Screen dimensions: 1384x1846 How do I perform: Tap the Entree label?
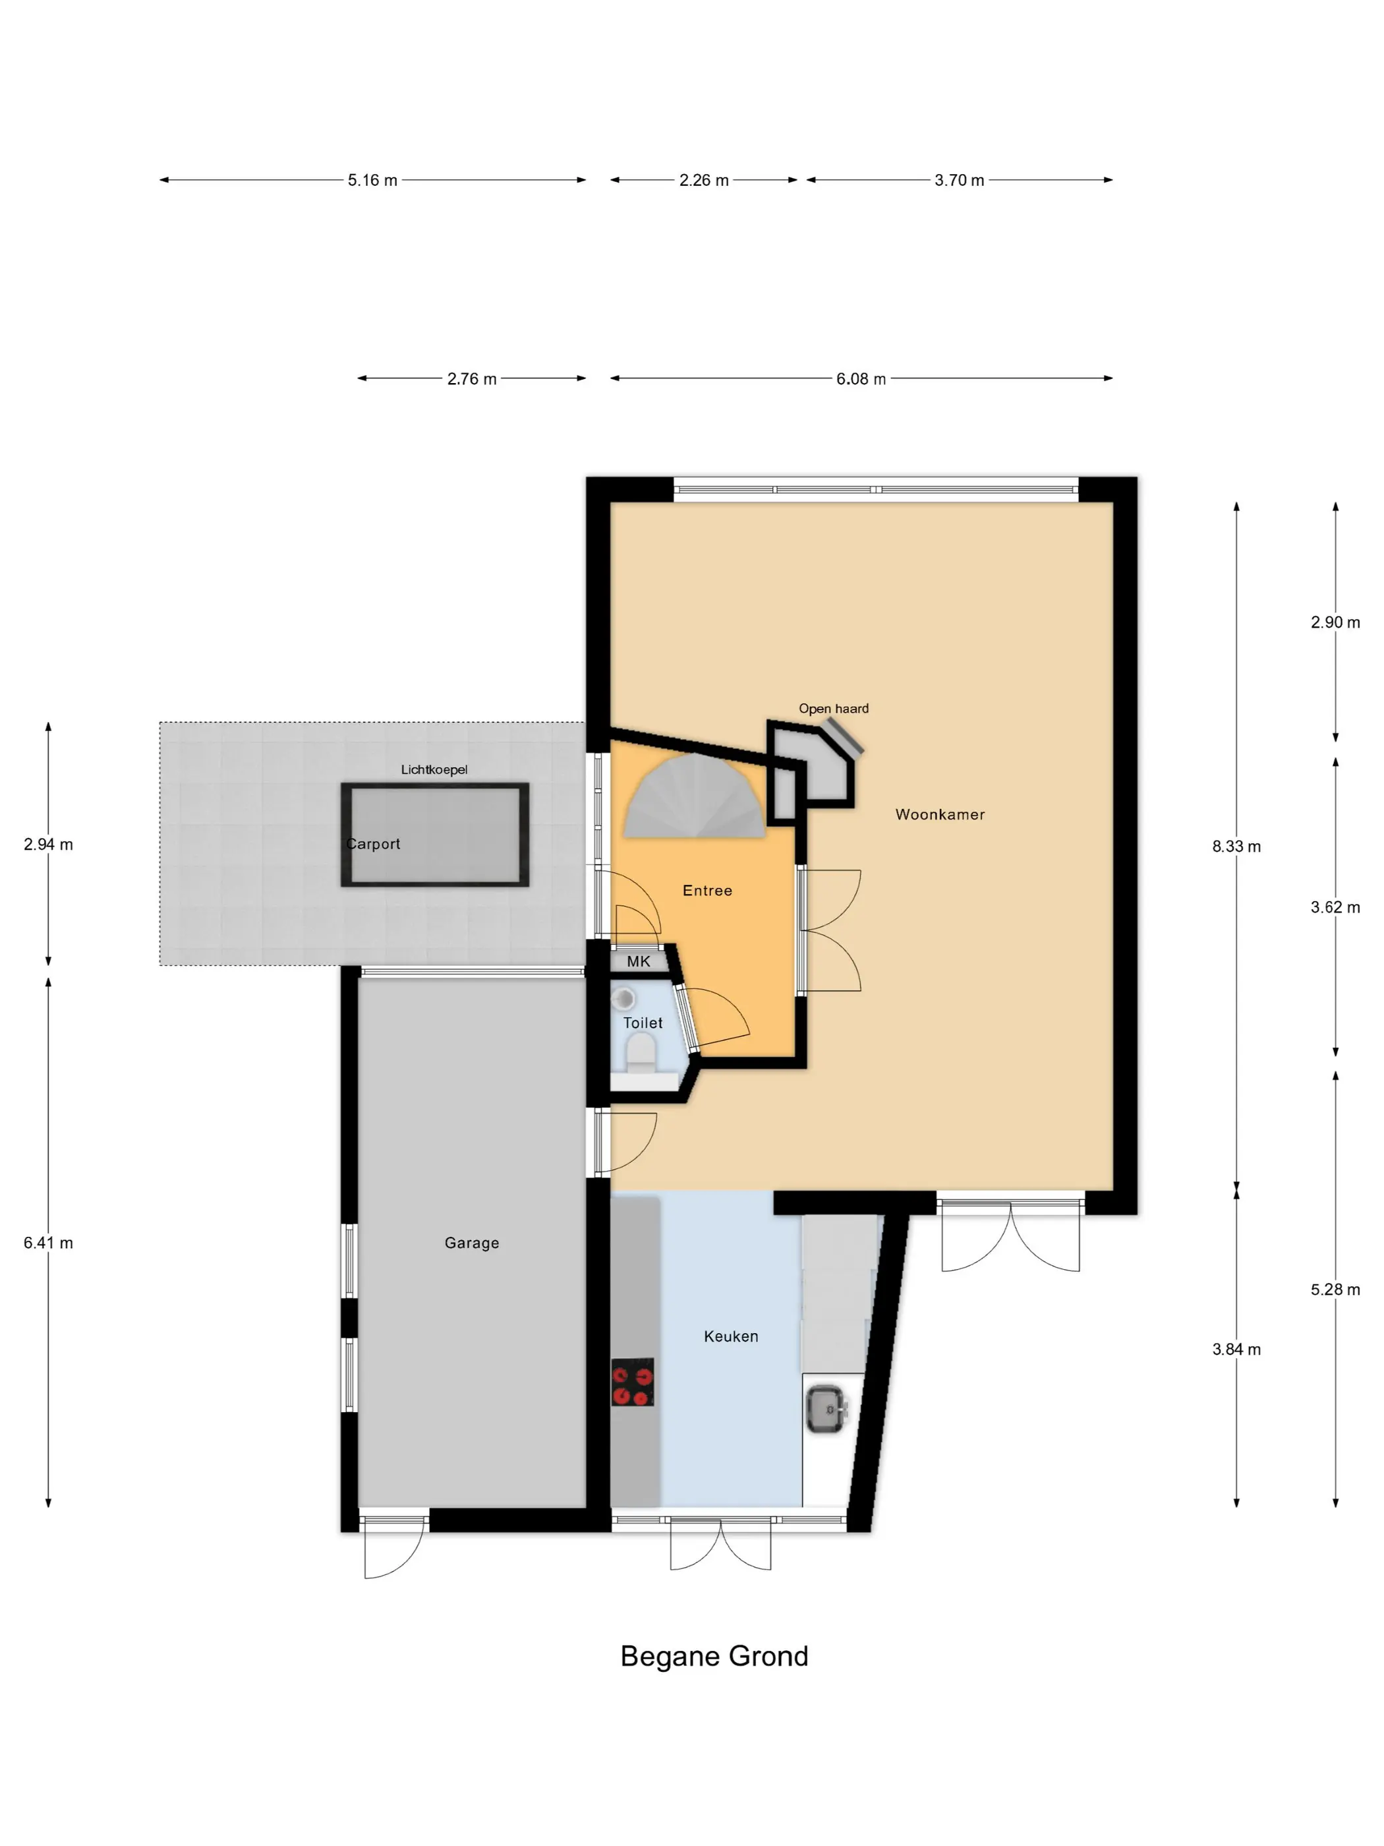[707, 891]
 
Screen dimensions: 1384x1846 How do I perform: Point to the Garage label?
[471, 1243]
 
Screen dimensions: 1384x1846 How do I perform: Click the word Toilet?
[643, 1023]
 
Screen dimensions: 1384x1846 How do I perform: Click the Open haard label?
[834, 709]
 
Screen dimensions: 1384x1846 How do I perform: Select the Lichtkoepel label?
[434, 769]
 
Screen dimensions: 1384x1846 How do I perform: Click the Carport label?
[373, 844]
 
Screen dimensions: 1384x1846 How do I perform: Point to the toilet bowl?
[641, 1053]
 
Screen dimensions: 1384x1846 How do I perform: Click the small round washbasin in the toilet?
[623, 998]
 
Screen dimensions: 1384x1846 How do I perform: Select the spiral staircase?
[694, 797]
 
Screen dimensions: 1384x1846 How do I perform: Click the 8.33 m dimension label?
[1236, 847]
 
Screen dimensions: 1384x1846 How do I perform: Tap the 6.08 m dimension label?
[861, 379]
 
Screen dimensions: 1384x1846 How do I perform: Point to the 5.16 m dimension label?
[372, 180]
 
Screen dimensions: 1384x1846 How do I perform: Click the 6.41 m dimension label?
[48, 1243]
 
